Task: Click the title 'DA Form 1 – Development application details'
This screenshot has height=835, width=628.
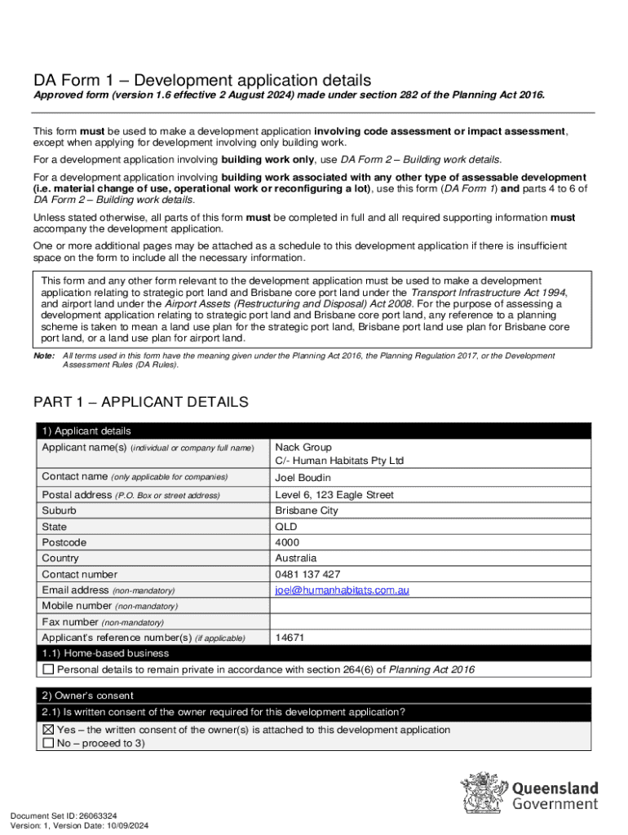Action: coord(201,80)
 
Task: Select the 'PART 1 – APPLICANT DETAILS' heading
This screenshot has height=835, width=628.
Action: coord(140,402)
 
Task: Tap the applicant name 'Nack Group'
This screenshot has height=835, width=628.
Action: coord(303,447)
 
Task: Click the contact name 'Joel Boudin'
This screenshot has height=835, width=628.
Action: coord(303,478)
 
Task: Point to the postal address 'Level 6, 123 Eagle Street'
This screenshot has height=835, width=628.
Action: coord(334,495)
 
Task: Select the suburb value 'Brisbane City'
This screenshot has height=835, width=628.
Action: coord(307,510)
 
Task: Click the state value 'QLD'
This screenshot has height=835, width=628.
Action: coord(287,527)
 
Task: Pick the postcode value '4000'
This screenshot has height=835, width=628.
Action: coord(287,542)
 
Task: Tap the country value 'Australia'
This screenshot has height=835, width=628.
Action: coord(295,559)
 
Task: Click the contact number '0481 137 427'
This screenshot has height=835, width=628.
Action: coord(307,574)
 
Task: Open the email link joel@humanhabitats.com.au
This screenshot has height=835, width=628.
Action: coord(342,590)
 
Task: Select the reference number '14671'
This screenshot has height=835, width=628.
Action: coord(290,638)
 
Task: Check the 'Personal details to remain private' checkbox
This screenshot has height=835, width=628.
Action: coord(48,669)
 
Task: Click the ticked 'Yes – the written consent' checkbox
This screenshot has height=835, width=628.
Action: coord(48,730)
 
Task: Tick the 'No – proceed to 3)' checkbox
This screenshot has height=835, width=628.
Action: coord(48,744)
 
